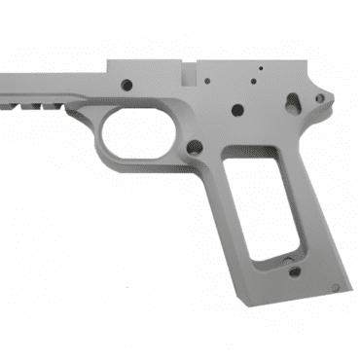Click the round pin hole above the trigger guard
click(126, 85)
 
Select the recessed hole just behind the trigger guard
click(195, 149)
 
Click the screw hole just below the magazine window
click(295, 272)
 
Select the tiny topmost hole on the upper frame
click(260, 69)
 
